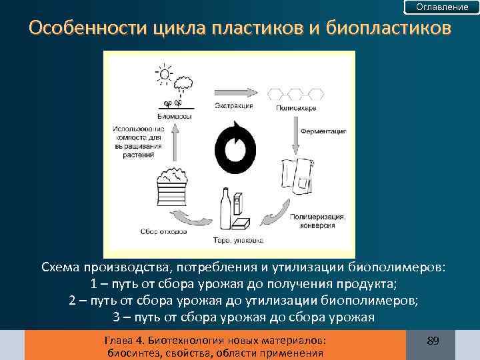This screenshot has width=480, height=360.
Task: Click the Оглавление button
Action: (x=442, y=7)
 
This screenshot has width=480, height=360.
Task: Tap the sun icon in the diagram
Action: (x=163, y=72)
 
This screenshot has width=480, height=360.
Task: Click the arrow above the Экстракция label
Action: (x=233, y=92)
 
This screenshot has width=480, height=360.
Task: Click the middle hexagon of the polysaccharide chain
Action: (x=294, y=92)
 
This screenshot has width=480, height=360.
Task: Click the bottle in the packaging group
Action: (x=225, y=208)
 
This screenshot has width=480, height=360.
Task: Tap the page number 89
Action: (x=433, y=341)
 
